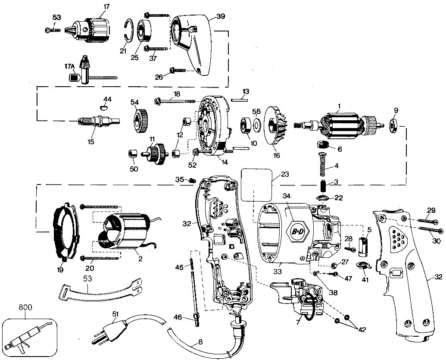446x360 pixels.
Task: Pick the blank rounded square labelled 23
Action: pos(257,184)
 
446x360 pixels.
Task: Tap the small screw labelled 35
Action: pos(193,180)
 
